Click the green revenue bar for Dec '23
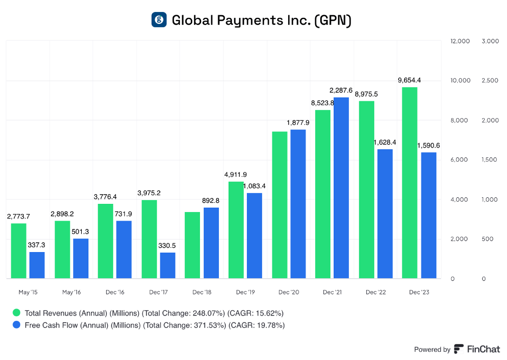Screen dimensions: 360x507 coord(409,183)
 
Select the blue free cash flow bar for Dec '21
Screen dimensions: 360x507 coord(341,188)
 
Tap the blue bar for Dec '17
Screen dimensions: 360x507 coord(167,266)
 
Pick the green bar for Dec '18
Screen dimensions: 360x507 coord(192,245)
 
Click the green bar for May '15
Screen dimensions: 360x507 coord(18,251)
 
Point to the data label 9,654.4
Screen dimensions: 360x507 coord(409,80)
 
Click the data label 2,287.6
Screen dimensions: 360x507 coord(341,90)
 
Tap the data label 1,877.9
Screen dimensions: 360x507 coord(298,123)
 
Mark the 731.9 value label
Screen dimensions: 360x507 coord(124,214)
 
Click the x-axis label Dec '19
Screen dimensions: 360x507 coord(245,292)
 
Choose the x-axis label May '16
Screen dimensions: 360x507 coord(71,292)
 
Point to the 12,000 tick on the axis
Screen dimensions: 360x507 coord(460,41)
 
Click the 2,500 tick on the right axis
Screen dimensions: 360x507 coord(491,81)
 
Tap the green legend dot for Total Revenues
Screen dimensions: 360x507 coord(16,313)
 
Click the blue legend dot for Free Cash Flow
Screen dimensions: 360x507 coord(16,325)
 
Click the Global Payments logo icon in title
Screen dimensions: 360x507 coord(159,20)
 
